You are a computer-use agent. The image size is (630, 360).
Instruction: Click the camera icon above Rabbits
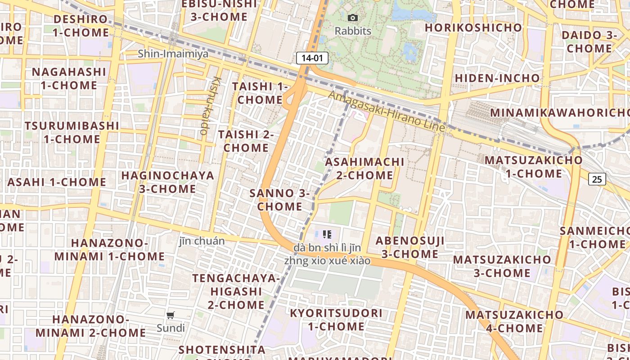coord(353,18)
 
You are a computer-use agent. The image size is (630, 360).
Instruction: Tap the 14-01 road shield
coord(312,58)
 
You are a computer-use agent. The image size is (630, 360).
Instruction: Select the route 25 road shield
coord(597,179)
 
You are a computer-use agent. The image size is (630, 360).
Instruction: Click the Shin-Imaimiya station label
coord(173,54)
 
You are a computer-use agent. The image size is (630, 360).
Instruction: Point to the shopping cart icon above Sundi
coord(170,315)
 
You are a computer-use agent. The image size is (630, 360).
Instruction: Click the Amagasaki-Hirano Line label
coord(386,111)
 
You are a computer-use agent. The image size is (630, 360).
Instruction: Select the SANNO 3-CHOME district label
coord(279,200)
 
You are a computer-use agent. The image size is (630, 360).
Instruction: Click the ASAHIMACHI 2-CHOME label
coord(364,168)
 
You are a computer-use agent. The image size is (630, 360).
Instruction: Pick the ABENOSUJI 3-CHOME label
coord(410,247)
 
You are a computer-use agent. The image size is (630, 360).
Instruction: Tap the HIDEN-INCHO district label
coord(497,78)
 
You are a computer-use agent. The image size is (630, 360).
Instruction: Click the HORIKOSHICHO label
coord(473,27)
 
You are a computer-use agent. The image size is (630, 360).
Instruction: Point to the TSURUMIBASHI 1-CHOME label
coord(72,132)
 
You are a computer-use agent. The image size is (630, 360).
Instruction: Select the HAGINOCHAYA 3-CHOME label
coord(167,182)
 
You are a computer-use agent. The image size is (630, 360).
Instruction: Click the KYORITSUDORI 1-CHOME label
coord(336,319)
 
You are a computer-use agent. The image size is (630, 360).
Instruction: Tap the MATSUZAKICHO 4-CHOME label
coord(514,321)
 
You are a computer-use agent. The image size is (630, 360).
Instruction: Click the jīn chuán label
coord(202,241)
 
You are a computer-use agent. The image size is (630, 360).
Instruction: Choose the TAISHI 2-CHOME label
coord(246,141)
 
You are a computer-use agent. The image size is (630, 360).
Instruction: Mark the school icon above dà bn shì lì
coord(327,234)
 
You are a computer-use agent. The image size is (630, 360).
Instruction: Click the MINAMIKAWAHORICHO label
coord(559,112)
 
